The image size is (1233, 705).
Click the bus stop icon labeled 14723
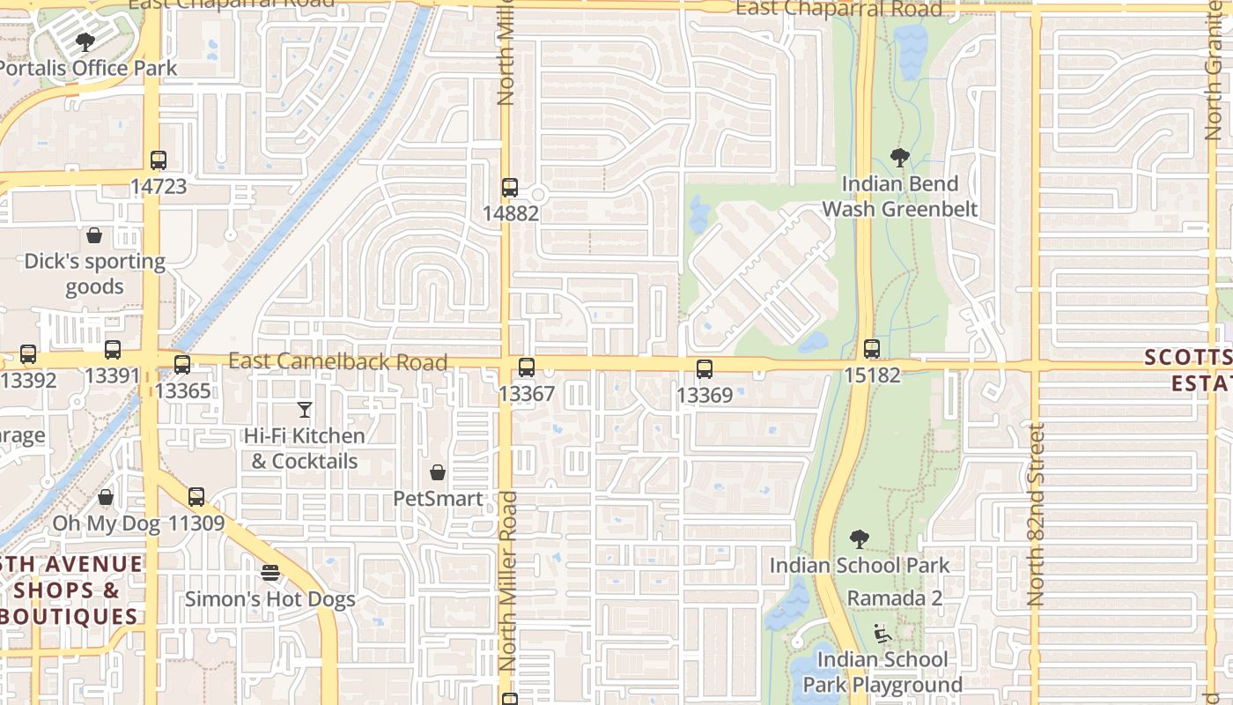point(159,160)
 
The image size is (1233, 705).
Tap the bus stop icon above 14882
point(510,187)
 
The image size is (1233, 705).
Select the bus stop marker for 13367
point(527,367)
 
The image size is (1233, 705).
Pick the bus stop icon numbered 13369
point(705,369)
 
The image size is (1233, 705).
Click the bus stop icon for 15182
point(872,349)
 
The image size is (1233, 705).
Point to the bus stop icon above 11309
point(196,497)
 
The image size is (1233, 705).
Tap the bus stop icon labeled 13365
point(182,365)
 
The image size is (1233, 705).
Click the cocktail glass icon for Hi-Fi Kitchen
point(305,410)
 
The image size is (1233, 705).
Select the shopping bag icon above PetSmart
point(438,472)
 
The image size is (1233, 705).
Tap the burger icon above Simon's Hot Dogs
point(270,573)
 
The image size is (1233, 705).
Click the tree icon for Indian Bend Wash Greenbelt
point(899,158)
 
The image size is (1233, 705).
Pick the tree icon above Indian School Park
point(860,538)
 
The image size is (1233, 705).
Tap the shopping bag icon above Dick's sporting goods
point(94,235)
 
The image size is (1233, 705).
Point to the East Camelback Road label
point(338,361)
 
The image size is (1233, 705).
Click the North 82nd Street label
point(1036,514)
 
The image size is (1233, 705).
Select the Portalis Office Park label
point(88,68)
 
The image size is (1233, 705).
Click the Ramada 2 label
point(895,598)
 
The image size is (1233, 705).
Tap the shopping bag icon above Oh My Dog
point(106,498)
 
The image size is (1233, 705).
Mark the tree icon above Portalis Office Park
point(85,41)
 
